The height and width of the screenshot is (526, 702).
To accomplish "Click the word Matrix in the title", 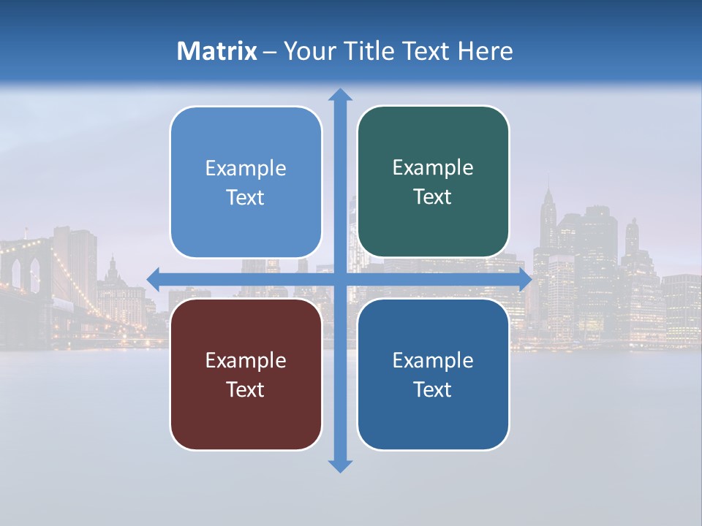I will (217, 51).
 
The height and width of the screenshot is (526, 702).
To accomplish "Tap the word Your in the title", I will (307, 51).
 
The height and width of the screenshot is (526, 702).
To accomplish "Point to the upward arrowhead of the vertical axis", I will (339, 94).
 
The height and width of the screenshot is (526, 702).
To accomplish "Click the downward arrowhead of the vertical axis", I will (339, 465).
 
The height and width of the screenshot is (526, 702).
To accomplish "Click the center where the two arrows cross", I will (339, 279).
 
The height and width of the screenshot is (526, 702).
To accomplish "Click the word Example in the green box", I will (433, 168).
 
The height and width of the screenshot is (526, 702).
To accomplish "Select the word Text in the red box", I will (246, 389).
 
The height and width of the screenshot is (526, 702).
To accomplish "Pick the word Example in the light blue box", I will (246, 169).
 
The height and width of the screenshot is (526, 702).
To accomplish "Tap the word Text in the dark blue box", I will (433, 389).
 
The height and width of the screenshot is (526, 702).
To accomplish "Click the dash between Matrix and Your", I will (270, 52).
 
